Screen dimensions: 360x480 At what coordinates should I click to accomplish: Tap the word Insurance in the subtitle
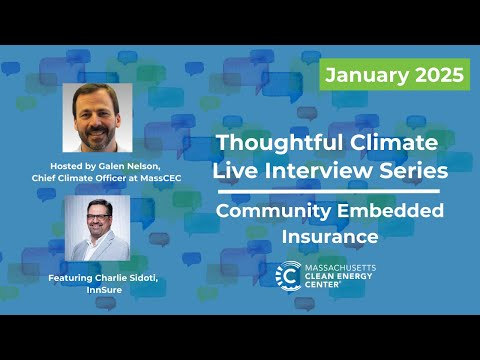click(329, 237)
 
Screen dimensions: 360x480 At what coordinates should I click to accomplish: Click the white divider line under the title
click(329, 191)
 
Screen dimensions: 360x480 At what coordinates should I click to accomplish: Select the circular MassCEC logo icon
click(288, 274)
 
